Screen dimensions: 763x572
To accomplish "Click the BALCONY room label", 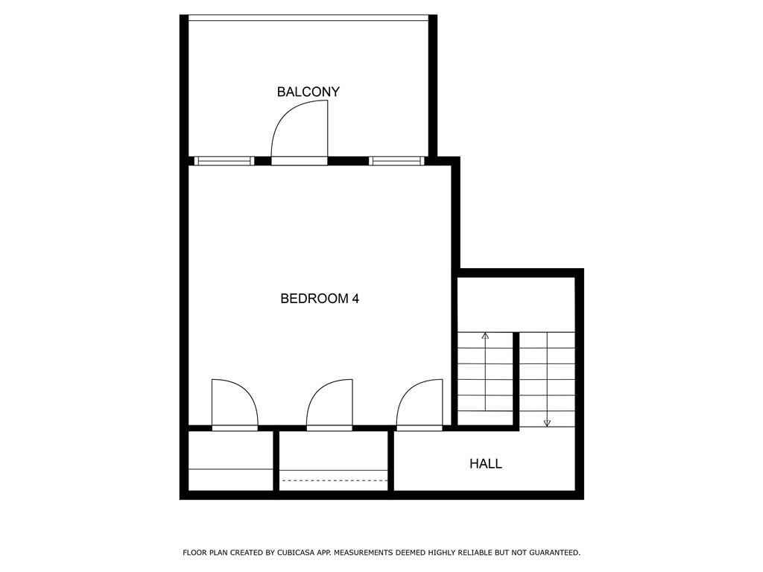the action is pos(308,92).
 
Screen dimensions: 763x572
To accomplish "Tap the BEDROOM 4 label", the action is pos(320,298).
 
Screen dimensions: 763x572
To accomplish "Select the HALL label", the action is pos(486,463).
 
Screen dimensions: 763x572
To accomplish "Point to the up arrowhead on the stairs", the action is pos(485,336).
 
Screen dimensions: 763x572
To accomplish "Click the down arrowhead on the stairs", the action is pos(547,423).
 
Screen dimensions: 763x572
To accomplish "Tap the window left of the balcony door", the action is pos(224,161).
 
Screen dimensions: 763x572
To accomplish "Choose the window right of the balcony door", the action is pos(396,161).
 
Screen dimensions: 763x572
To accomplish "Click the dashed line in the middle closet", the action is pos(335,480).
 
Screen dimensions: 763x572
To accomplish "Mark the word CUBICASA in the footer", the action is pos(296,553).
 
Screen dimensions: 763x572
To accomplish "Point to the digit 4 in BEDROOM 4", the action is pos(355,298).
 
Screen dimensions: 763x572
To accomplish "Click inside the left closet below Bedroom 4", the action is pos(231,460).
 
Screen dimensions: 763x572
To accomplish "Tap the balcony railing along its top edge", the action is pos(308,18).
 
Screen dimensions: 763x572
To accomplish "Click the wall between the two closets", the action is pos(276,461).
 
